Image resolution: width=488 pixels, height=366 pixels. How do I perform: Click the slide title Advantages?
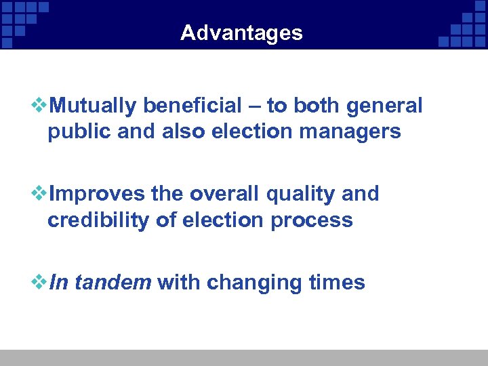point(241,33)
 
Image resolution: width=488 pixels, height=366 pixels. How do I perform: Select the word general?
point(384,106)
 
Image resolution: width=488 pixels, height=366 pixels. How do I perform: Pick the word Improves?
point(98,195)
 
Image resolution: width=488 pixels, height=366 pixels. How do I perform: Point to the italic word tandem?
point(113,282)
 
